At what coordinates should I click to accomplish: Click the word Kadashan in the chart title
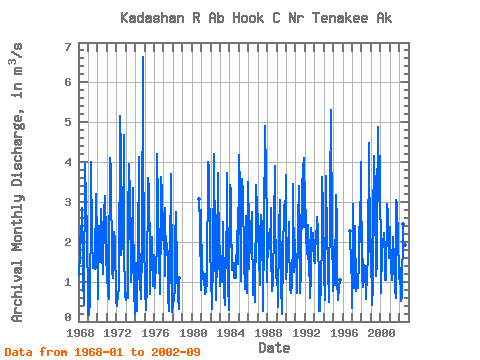tap(152, 18)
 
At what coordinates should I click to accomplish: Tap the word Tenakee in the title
tap(340, 18)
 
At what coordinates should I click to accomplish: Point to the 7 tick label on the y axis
tap(68, 47)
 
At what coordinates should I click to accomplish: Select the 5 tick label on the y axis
tap(68, 122)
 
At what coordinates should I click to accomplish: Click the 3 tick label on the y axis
tap(68, 202)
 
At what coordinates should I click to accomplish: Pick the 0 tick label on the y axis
tap(68, 317)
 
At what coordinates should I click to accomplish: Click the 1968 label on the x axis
tap(80, 333)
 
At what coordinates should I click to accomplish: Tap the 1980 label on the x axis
tap(193, 333)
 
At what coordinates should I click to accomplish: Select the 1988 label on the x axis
tap(268, 333)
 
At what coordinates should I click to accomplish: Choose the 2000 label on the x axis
tap(381, 333)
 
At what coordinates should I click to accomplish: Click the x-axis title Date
tap(274, 348)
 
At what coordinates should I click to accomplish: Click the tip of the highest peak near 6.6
tap(143, 57)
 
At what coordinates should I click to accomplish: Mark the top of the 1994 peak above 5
tap(331, 110)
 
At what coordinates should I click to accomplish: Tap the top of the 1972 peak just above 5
tap(120, 116)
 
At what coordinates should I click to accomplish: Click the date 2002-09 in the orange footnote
tap(176, 352)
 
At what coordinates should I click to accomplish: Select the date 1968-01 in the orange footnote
tap(99, 352)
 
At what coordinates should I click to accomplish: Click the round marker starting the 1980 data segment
tap(199, 199)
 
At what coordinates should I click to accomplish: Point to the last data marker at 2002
tap(405, 245)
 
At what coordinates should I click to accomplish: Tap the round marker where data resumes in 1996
tap(350, 231)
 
